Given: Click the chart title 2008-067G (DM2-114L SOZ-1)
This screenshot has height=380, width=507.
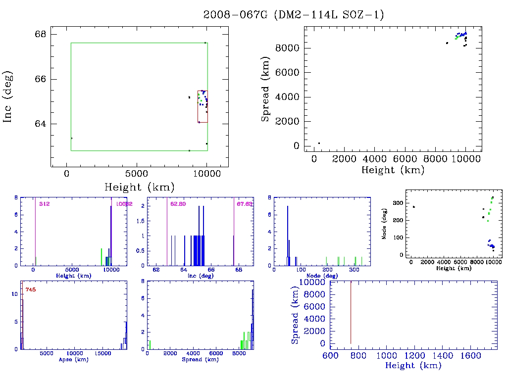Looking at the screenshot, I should coord(294,15).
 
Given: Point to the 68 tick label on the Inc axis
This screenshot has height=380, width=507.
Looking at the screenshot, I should coord(40,34).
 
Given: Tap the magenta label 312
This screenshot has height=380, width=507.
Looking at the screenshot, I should coord(45,204).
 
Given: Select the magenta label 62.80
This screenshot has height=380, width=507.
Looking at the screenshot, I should coord(177,204).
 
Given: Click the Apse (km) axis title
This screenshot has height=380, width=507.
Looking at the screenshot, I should coord(73,360).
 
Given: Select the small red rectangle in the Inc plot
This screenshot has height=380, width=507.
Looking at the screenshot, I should coord(202,106).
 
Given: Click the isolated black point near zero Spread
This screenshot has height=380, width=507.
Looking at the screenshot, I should coord(319,143).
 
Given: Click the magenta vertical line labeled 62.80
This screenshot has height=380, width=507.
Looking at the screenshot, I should coord(167,233).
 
